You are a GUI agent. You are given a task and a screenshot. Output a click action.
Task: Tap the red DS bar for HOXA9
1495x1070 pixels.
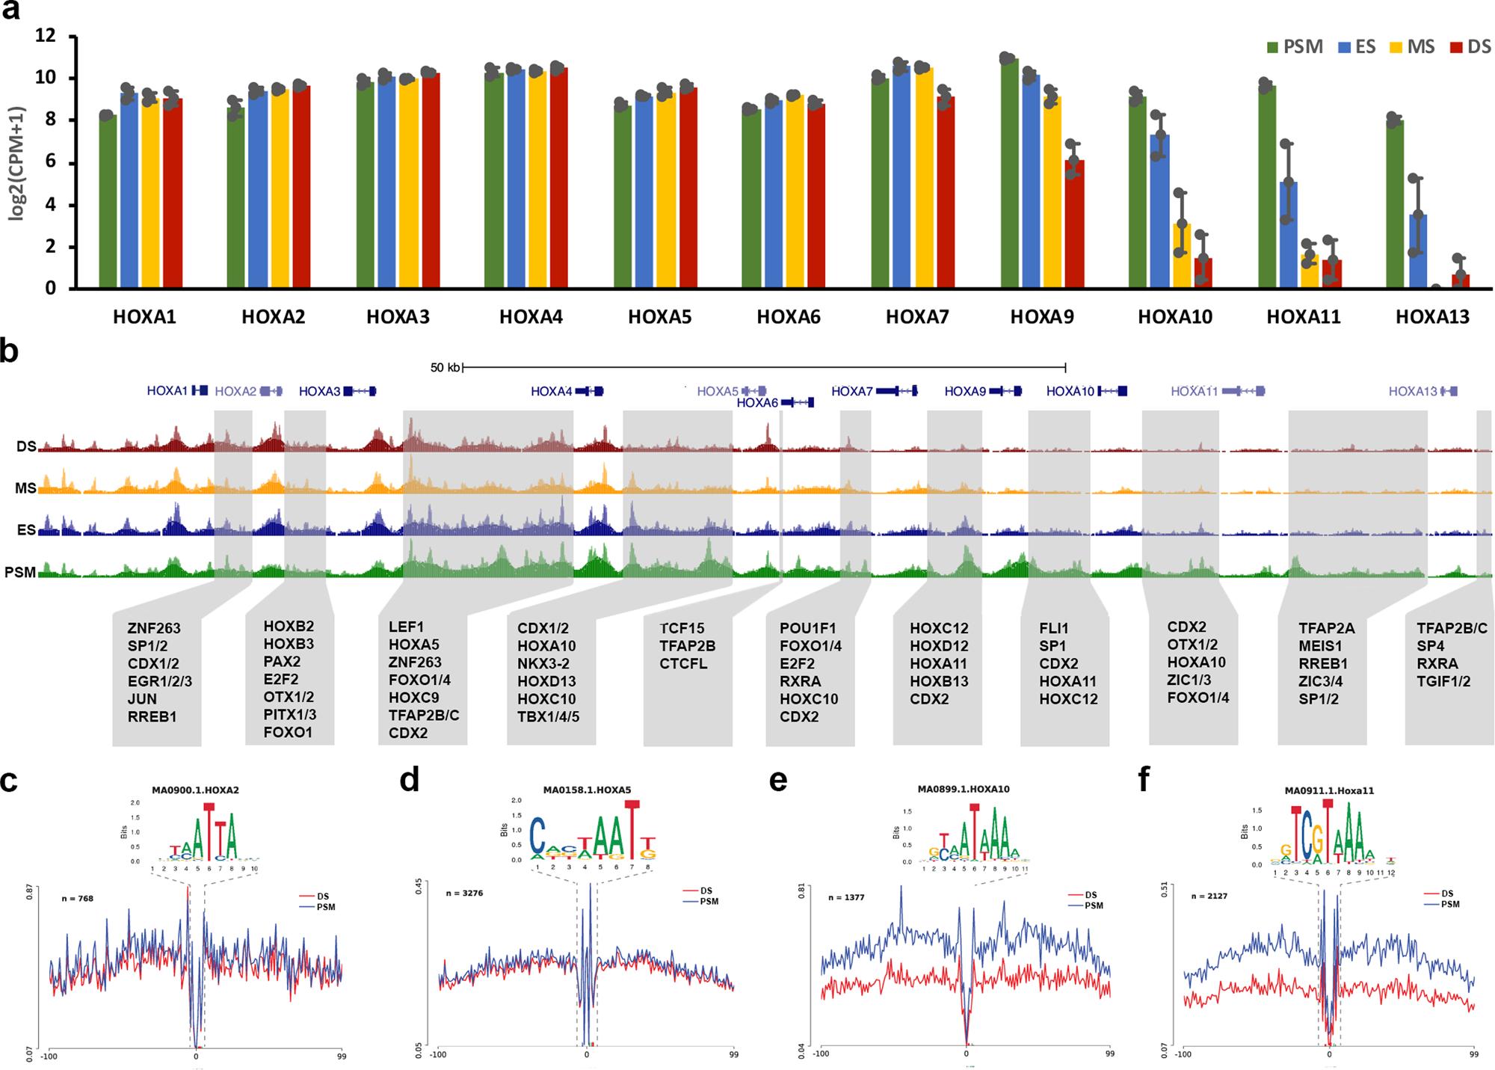tap(1074, 224)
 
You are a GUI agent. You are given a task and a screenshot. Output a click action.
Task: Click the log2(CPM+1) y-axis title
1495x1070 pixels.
tap(16, 163)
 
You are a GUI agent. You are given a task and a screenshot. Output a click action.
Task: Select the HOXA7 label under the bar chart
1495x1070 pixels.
tap(917, 317)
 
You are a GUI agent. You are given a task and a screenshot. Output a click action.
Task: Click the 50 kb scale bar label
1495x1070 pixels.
tap(446, 367)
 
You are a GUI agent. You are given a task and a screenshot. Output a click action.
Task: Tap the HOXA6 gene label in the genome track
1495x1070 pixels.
tap(757, 403)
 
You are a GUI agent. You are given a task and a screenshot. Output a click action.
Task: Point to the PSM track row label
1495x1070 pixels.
tap(20, 573)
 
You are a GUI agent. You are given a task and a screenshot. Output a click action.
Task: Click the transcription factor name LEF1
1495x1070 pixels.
tap(406, 627)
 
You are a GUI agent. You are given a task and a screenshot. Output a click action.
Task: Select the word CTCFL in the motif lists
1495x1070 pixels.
tap(683, 664)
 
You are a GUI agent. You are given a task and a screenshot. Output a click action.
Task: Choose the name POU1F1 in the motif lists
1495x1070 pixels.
tap(807, 628)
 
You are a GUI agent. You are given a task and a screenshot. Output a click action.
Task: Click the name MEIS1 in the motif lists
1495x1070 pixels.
tap(1320, 646)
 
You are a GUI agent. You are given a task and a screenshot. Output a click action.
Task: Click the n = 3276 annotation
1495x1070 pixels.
tap(464, 893)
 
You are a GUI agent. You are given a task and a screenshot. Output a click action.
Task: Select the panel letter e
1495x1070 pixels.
tap(777, 781)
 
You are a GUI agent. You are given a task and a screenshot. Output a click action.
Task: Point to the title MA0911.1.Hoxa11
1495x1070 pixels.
tap(1329, 790)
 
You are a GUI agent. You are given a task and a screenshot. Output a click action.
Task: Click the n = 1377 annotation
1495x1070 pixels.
tap(846, 897)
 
